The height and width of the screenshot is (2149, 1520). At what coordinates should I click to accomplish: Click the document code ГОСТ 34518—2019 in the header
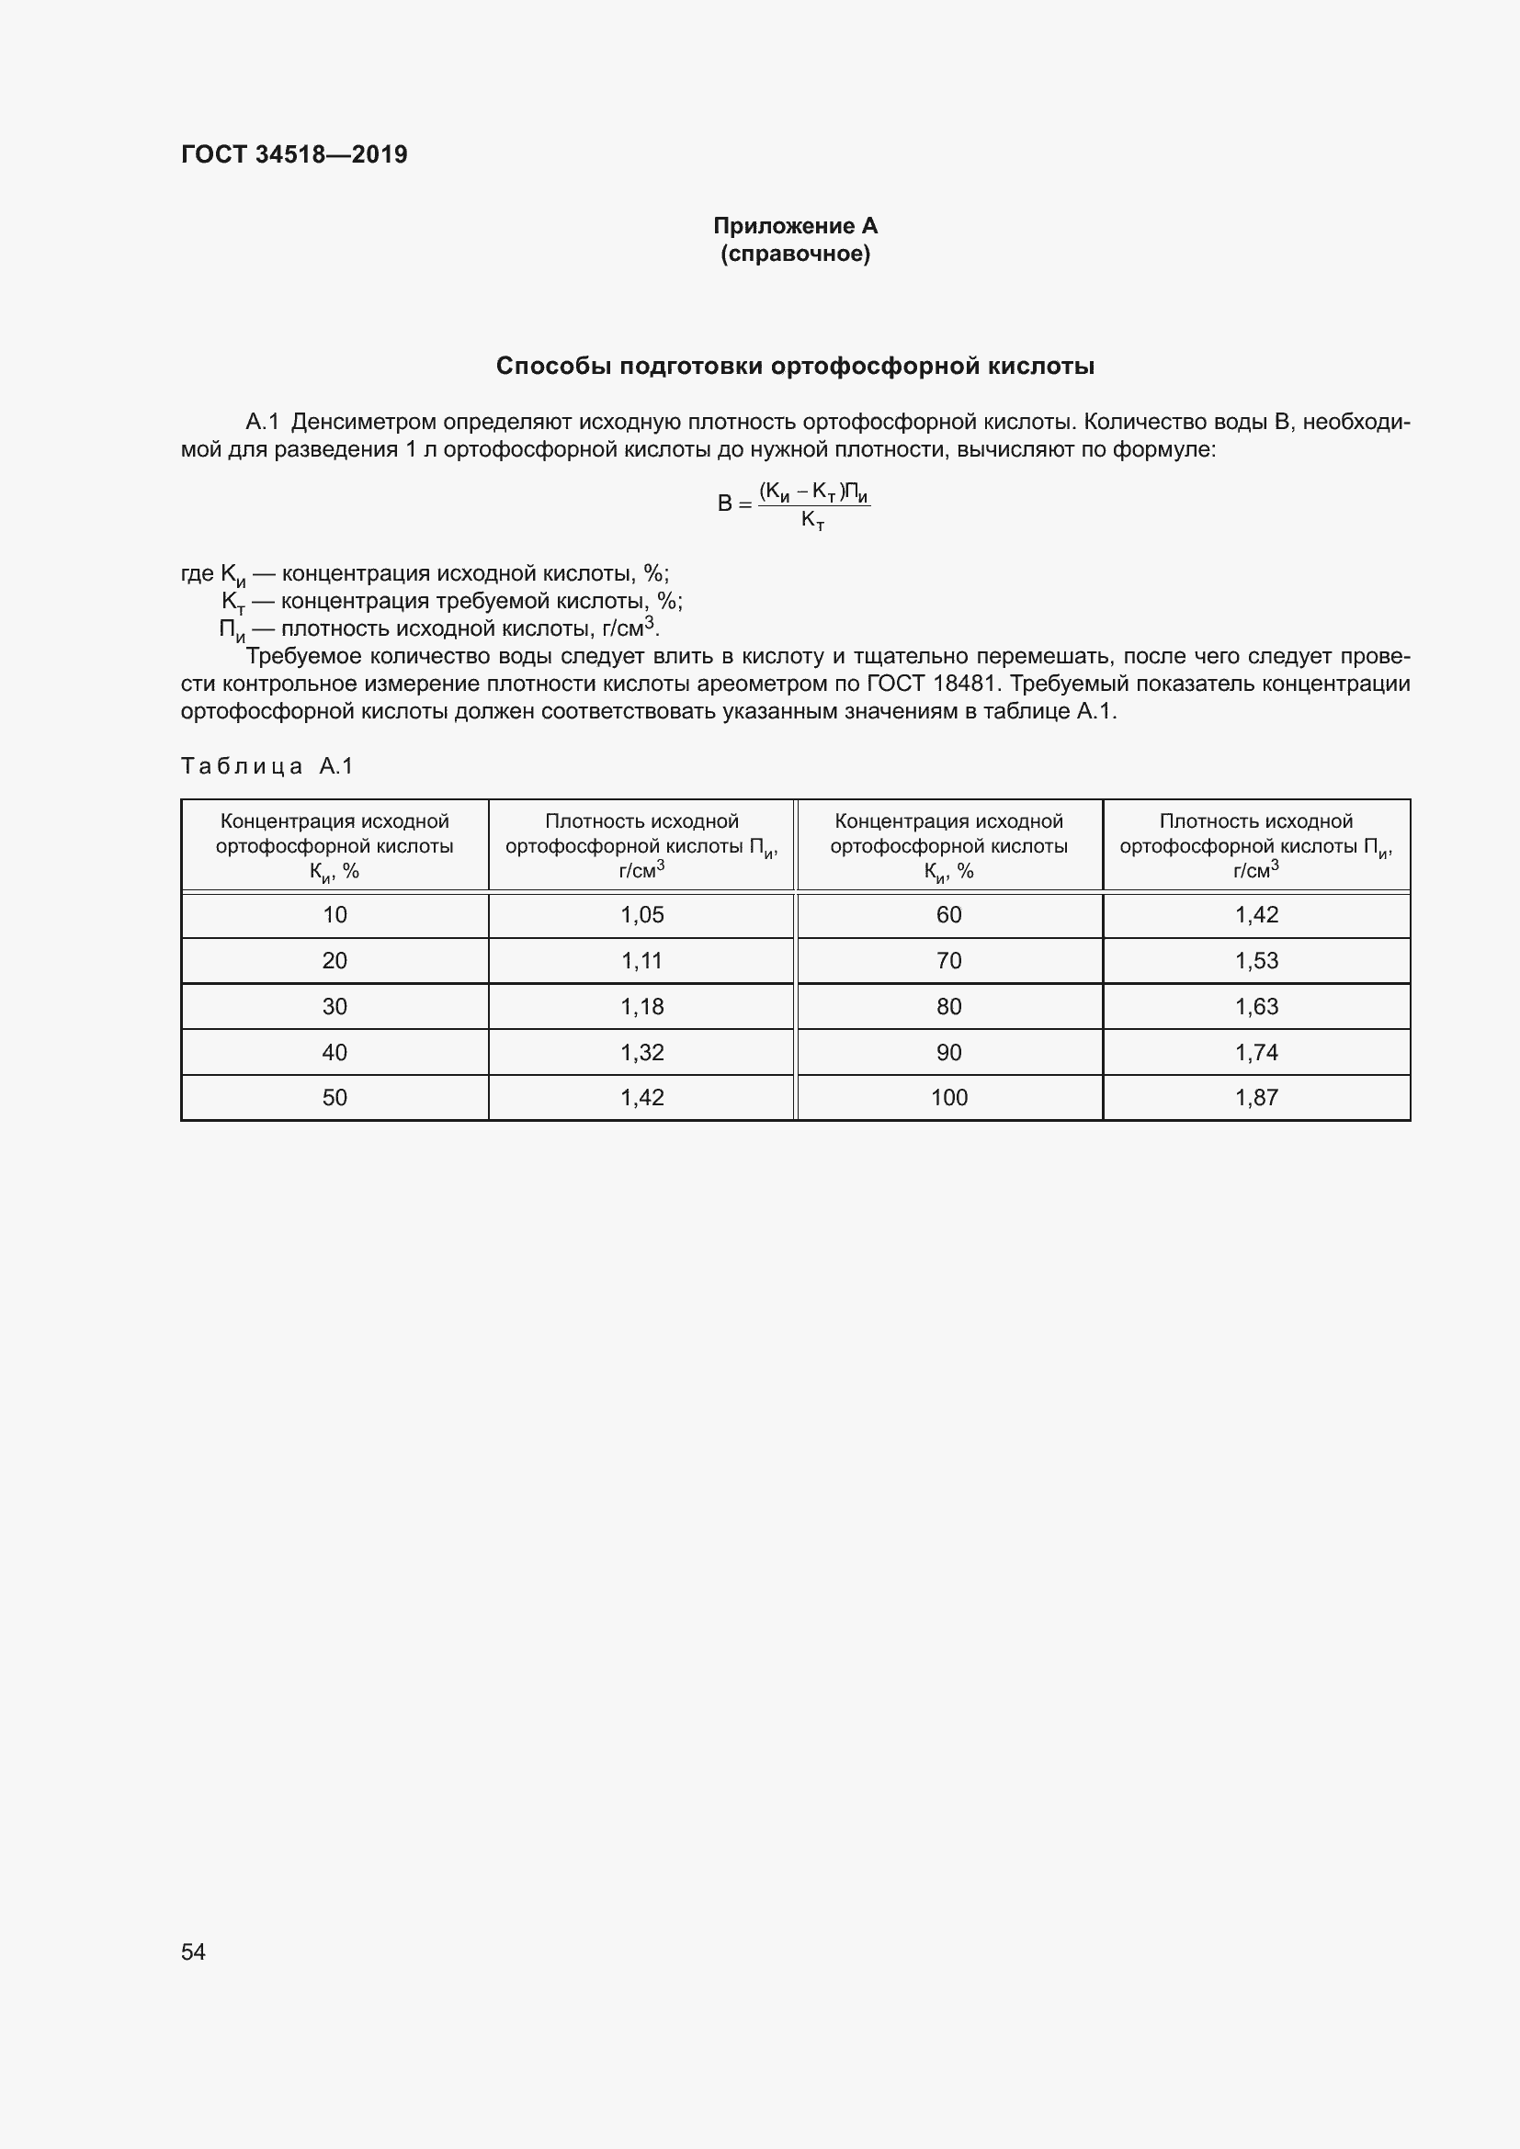[294, 154]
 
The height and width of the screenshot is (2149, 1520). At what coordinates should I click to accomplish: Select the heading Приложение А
[795, 226]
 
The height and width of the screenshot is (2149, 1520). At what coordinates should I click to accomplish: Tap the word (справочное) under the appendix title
[795, 254]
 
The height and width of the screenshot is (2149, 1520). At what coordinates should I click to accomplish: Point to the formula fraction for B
[813, 504]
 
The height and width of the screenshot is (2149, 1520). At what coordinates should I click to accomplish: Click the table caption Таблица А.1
[267, 766]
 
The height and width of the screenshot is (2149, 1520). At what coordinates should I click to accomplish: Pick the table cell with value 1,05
[642, 915]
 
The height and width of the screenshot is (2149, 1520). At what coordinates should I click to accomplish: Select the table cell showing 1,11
[642, 961]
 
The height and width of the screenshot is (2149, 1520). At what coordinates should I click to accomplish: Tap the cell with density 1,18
[642, 1007]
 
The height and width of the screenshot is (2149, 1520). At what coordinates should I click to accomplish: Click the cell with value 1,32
[642, 1053]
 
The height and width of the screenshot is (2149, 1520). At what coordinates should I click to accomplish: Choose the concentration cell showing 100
[948, 1098]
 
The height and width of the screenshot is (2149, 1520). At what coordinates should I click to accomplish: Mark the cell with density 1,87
[1256, 1098]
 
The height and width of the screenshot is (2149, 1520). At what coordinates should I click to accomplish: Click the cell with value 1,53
[1256, 961]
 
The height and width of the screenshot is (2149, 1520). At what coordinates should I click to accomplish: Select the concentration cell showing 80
[948, 1007]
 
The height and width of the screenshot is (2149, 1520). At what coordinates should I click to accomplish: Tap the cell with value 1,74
[1256, 1053]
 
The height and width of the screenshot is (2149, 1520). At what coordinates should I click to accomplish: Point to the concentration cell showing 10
[335, 915]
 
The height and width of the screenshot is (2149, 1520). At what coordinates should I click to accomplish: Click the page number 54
[193, 1951]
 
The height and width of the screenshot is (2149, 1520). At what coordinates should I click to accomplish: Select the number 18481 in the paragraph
[964, 684]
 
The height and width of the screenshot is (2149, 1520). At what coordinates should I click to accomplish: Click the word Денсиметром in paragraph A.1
[363, 422]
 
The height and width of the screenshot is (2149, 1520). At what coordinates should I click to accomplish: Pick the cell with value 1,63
[1256, 1007]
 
